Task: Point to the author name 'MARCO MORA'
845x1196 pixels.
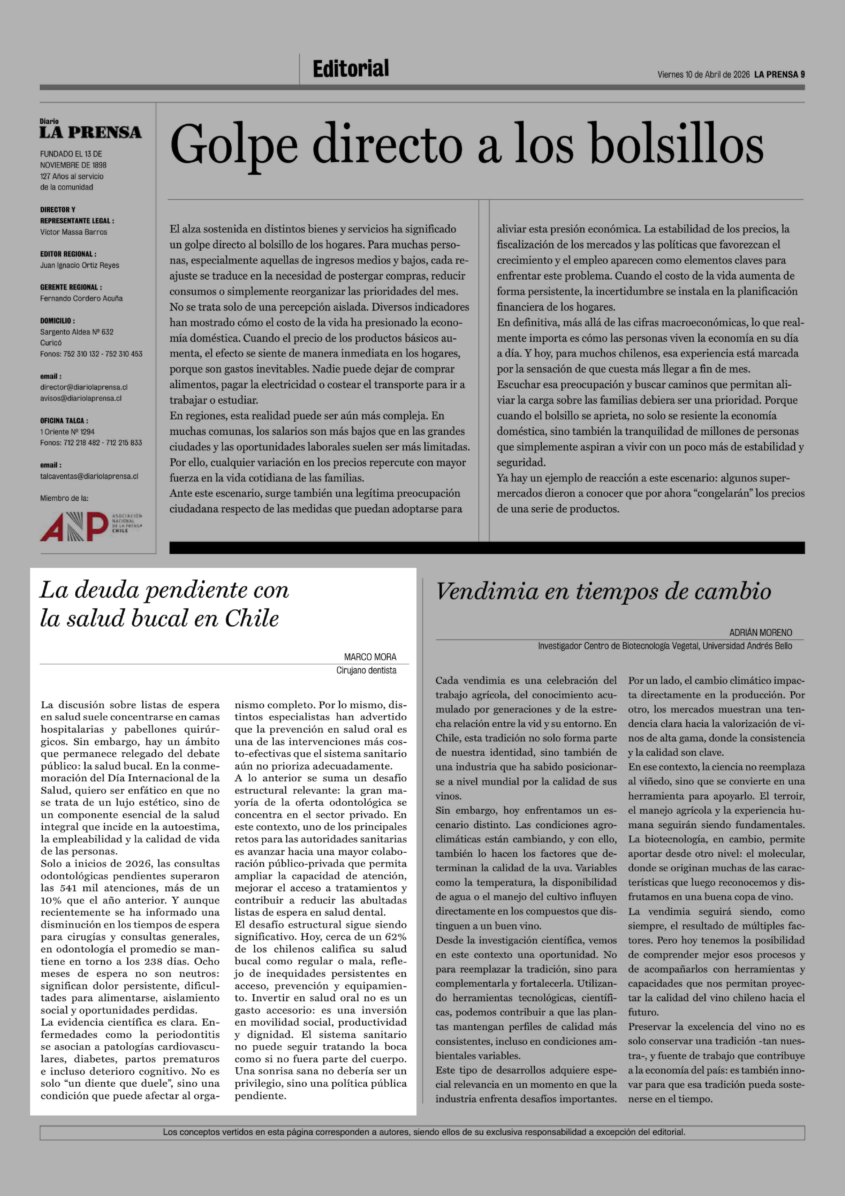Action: click(x=370, y=657)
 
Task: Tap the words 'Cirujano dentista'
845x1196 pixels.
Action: click(x=366, y=670)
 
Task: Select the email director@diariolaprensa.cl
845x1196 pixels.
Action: click(x=84, y=387)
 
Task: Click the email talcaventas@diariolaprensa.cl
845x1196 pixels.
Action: click(x=89, y=476)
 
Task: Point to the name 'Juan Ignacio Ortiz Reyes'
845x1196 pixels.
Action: click(x=80, y=265)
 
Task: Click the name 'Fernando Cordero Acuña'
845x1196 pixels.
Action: click(x=81, y=298)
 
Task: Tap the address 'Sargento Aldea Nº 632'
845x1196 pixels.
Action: click(x=77, y=332)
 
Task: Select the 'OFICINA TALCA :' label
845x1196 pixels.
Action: click(x=64, y=420)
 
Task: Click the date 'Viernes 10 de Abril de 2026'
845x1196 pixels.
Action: click(x=703, y=74)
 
